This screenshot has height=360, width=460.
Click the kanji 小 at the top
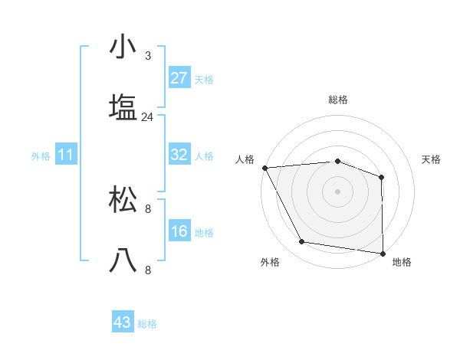(x=123, y=47)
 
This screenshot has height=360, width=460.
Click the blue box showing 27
(x=179, y=78)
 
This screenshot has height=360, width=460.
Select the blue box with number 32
(x=179, y=155)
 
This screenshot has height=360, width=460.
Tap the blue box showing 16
(x=179, y=231)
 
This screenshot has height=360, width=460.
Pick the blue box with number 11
(x=66, y=155)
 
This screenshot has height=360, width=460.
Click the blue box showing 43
(x=123, y=322)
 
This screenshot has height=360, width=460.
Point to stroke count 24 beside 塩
(x=147, y=117)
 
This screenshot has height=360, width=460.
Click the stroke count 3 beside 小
(x=147, y=55)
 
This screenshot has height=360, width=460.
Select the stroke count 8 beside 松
(x=147, y=208)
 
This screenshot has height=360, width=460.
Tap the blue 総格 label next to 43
(x=147, y=324)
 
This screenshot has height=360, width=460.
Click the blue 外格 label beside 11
(x=41, y=156)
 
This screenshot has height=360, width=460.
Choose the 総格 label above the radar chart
(x=337, y=100)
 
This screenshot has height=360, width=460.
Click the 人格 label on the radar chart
(x=245, y=159)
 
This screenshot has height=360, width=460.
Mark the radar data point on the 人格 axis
(x=264, y=168)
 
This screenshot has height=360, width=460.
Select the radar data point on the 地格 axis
(x=383, y=253)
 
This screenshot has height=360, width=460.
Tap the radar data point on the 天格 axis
(x=382, y=177)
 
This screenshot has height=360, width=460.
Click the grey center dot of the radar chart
(x=337, y=191)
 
